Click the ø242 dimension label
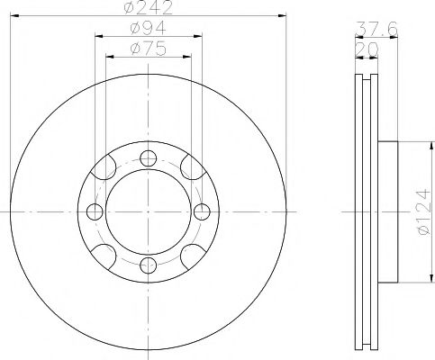click(148, 7)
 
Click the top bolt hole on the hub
click(147, 158)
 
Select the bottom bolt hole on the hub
click(147, 265)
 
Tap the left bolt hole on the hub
click(94, 212)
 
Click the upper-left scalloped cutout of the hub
click(105, 169)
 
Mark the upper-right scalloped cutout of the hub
click(189, 169)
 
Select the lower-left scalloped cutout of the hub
click(105, 255)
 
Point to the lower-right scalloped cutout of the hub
click(189, 255)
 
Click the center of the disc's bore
click(147, 212)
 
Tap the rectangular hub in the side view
click(386, 213)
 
